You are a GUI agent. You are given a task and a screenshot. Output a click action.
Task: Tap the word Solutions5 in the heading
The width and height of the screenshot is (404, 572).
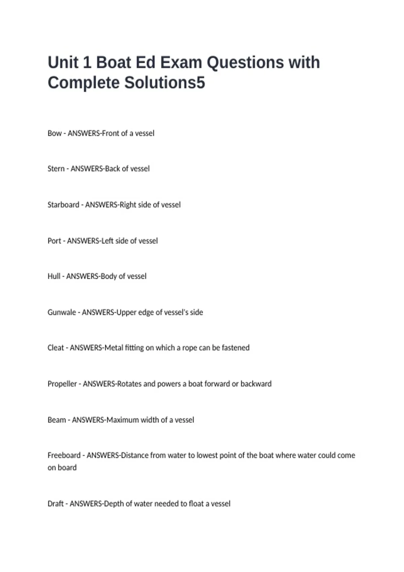165,83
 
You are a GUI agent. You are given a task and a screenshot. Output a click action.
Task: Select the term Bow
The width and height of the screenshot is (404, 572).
55,133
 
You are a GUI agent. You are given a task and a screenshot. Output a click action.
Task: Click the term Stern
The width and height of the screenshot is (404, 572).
56,169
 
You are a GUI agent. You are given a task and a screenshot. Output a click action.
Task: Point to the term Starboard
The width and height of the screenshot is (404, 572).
63,205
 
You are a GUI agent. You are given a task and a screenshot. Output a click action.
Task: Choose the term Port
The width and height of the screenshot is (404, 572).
54,241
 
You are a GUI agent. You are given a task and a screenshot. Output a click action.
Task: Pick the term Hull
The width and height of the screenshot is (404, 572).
54,276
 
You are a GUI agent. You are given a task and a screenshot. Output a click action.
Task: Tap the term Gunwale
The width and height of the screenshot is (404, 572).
62,312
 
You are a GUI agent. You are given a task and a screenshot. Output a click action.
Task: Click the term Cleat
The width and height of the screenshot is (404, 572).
56,348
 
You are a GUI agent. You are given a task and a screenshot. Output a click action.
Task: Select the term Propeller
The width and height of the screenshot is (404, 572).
62,384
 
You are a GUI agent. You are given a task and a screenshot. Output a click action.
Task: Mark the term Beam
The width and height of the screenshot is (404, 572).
57,420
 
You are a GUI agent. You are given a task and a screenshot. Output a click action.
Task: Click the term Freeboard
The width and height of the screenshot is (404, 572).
64,455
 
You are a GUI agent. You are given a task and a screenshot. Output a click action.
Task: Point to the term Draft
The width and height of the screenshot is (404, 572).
56,504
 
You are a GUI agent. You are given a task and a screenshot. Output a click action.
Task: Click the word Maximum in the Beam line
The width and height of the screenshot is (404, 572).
123,420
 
